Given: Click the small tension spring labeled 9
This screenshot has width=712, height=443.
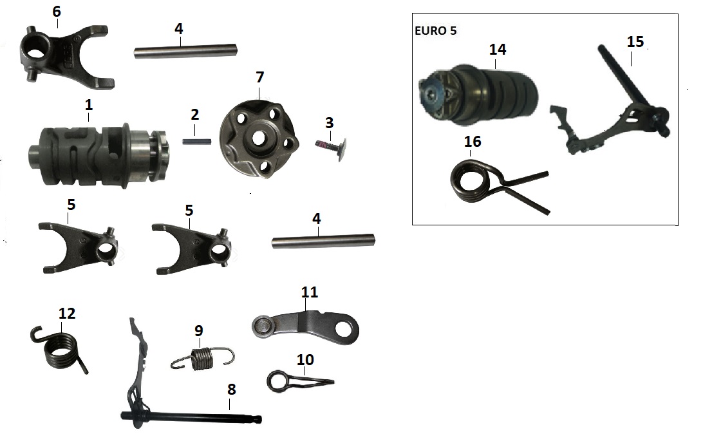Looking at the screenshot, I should click(202, 358).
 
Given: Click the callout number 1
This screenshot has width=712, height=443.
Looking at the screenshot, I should click(88, 102).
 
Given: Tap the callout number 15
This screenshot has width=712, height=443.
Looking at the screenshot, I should click(635, 41).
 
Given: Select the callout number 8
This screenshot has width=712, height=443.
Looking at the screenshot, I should click(231, 389).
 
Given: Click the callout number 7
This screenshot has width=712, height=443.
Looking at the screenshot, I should click(259, 77).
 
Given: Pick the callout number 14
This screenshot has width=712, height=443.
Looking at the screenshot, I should click(498, 48).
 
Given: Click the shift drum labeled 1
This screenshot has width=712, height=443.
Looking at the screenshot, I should click(97, 149).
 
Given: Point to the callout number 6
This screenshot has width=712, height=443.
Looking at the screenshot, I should click(57, 12).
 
